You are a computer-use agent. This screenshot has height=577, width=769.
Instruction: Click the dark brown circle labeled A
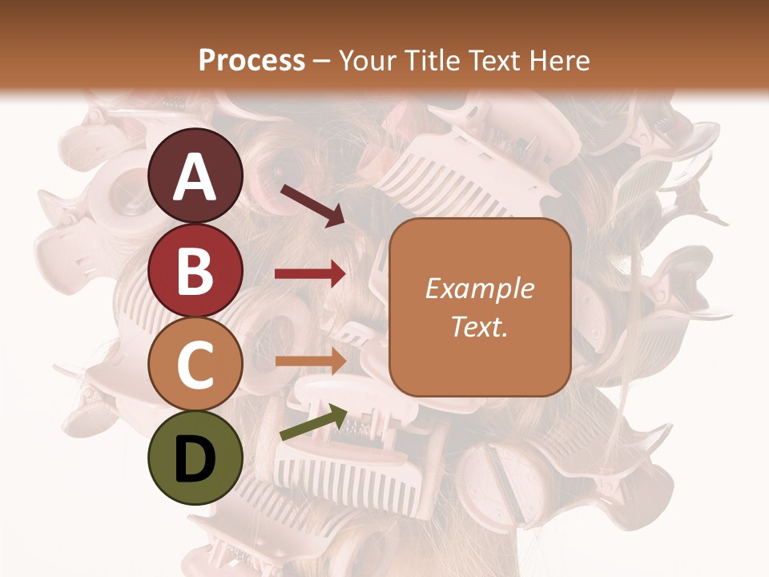pos(195,176)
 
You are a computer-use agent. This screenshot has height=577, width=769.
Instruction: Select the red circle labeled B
pos(195,271)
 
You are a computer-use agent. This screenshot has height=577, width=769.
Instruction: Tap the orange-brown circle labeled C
pos(195,365)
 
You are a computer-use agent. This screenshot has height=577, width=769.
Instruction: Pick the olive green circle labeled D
pos(195,458)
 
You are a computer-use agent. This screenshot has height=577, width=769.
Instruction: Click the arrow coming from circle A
pos(312,205)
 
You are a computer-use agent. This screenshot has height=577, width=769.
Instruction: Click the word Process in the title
pos(252,61)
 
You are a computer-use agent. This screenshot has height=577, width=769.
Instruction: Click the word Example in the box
pos(479,289)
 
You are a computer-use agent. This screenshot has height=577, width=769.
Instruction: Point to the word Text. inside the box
pos(479,326)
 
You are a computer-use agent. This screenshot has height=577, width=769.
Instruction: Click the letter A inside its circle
pos(195,178)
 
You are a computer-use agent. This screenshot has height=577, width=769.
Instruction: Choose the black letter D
pos(195,459)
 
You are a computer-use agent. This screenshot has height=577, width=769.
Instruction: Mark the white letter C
pos(195,365)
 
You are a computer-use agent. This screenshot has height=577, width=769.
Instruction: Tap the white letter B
pos(195,272)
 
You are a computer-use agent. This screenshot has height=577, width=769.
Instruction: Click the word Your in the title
pos(366,61)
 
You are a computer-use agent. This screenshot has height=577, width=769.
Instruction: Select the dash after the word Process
pos(322,62)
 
